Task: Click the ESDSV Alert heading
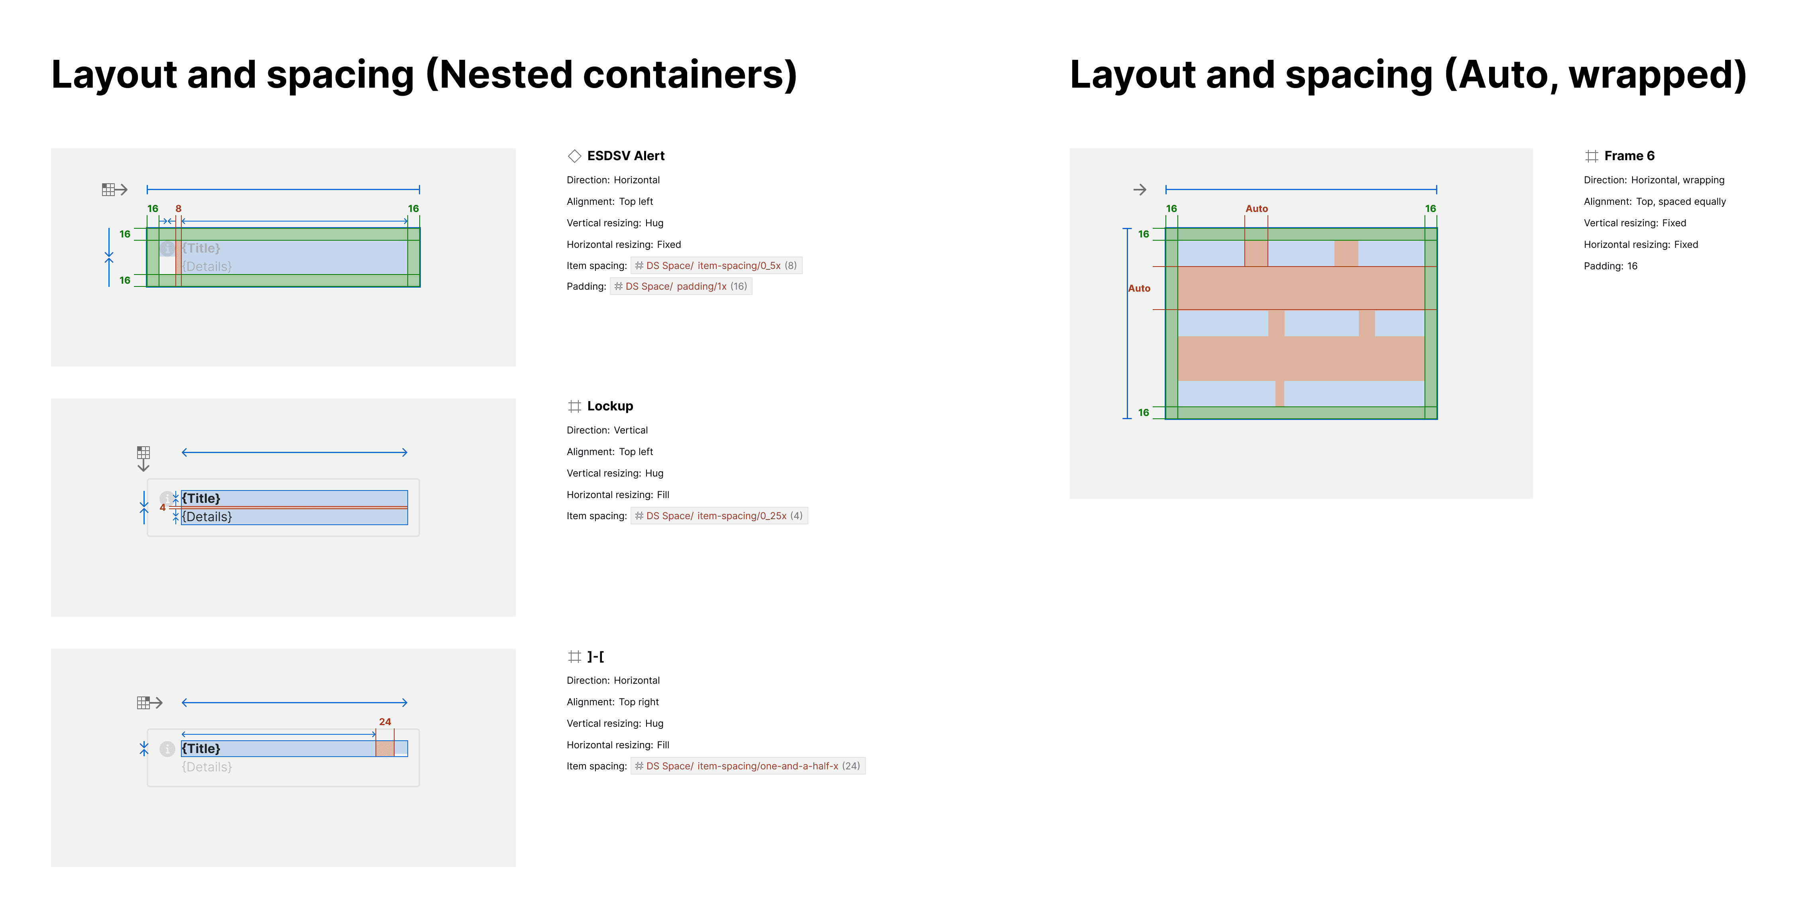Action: coord(625,156)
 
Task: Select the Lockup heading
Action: coord(609,406)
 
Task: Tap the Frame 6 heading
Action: coord(1629,156)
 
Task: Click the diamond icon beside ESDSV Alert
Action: coord(574,156)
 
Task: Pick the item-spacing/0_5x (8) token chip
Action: coord(716,265)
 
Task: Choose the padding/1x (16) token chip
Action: coord(681,286)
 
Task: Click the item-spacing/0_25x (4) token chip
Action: coord(719,516)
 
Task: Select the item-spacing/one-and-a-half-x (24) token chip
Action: coord(748,766)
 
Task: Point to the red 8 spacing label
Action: coord(178,208)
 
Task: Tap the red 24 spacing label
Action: coord(385,722)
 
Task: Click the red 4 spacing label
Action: coord(163,507)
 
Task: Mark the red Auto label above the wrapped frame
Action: coord(1256,208)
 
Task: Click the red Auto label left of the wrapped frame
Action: coord(1139,288)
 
